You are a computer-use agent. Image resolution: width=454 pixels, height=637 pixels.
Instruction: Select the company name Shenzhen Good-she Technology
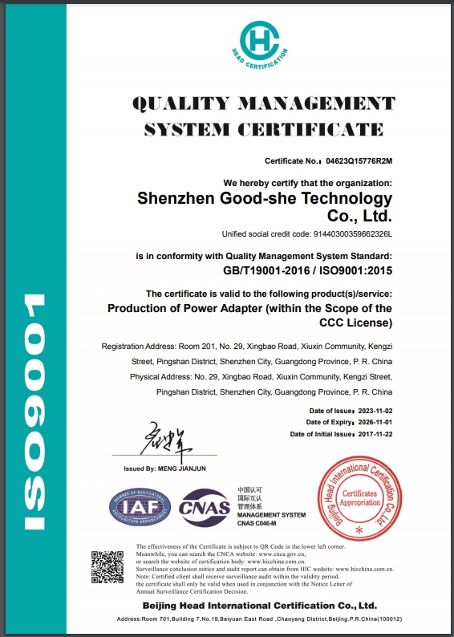[265, 198]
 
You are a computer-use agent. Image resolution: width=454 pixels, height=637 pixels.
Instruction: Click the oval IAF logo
[140, 505]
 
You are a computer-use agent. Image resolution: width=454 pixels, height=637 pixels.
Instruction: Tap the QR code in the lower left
[107, 567]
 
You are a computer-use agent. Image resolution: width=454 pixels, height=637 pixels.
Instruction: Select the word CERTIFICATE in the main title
[324, 129]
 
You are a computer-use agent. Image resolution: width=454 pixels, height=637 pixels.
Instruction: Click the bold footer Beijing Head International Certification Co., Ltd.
[260, 605]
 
